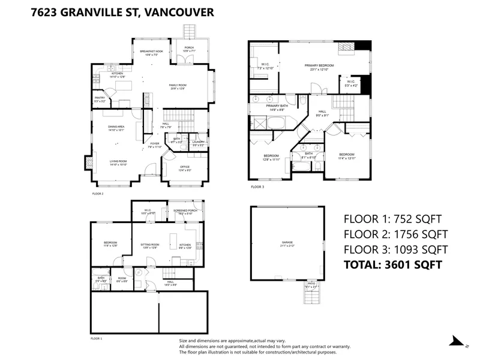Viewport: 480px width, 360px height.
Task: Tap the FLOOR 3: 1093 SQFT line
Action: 395,249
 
